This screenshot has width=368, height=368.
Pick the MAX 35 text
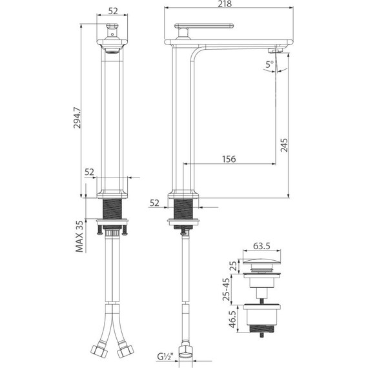[80, 237]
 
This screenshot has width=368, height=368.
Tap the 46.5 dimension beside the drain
[230, 319]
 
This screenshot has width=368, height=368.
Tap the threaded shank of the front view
[114, 210]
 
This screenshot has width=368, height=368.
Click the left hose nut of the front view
[100, 354]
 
